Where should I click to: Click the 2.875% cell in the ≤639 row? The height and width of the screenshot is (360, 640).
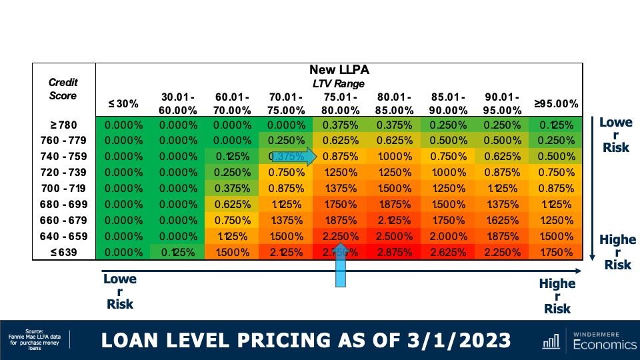point(391,253)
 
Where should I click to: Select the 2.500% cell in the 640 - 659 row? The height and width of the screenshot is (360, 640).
point(391,237)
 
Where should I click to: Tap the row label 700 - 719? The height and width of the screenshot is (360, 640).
point(63,189)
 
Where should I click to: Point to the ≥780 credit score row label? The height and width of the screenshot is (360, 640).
point(63,125)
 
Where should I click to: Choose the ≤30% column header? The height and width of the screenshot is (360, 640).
point(123,104)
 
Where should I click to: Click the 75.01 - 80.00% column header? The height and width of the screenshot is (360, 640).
point(337,103)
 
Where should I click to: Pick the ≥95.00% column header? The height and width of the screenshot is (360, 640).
point(555,104)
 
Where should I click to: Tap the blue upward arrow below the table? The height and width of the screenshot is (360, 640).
point(341,270)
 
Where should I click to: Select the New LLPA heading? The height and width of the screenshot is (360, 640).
point(339,70)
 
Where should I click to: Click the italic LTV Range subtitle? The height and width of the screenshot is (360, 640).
point(339,83)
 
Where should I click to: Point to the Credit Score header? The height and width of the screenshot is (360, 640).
point(63,89)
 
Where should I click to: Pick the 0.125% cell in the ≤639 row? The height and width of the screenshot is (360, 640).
point(175,253)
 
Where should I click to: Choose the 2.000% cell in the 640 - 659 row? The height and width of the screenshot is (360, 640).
point(445,237)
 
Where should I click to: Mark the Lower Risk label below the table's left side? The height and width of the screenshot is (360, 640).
point(120,292)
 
